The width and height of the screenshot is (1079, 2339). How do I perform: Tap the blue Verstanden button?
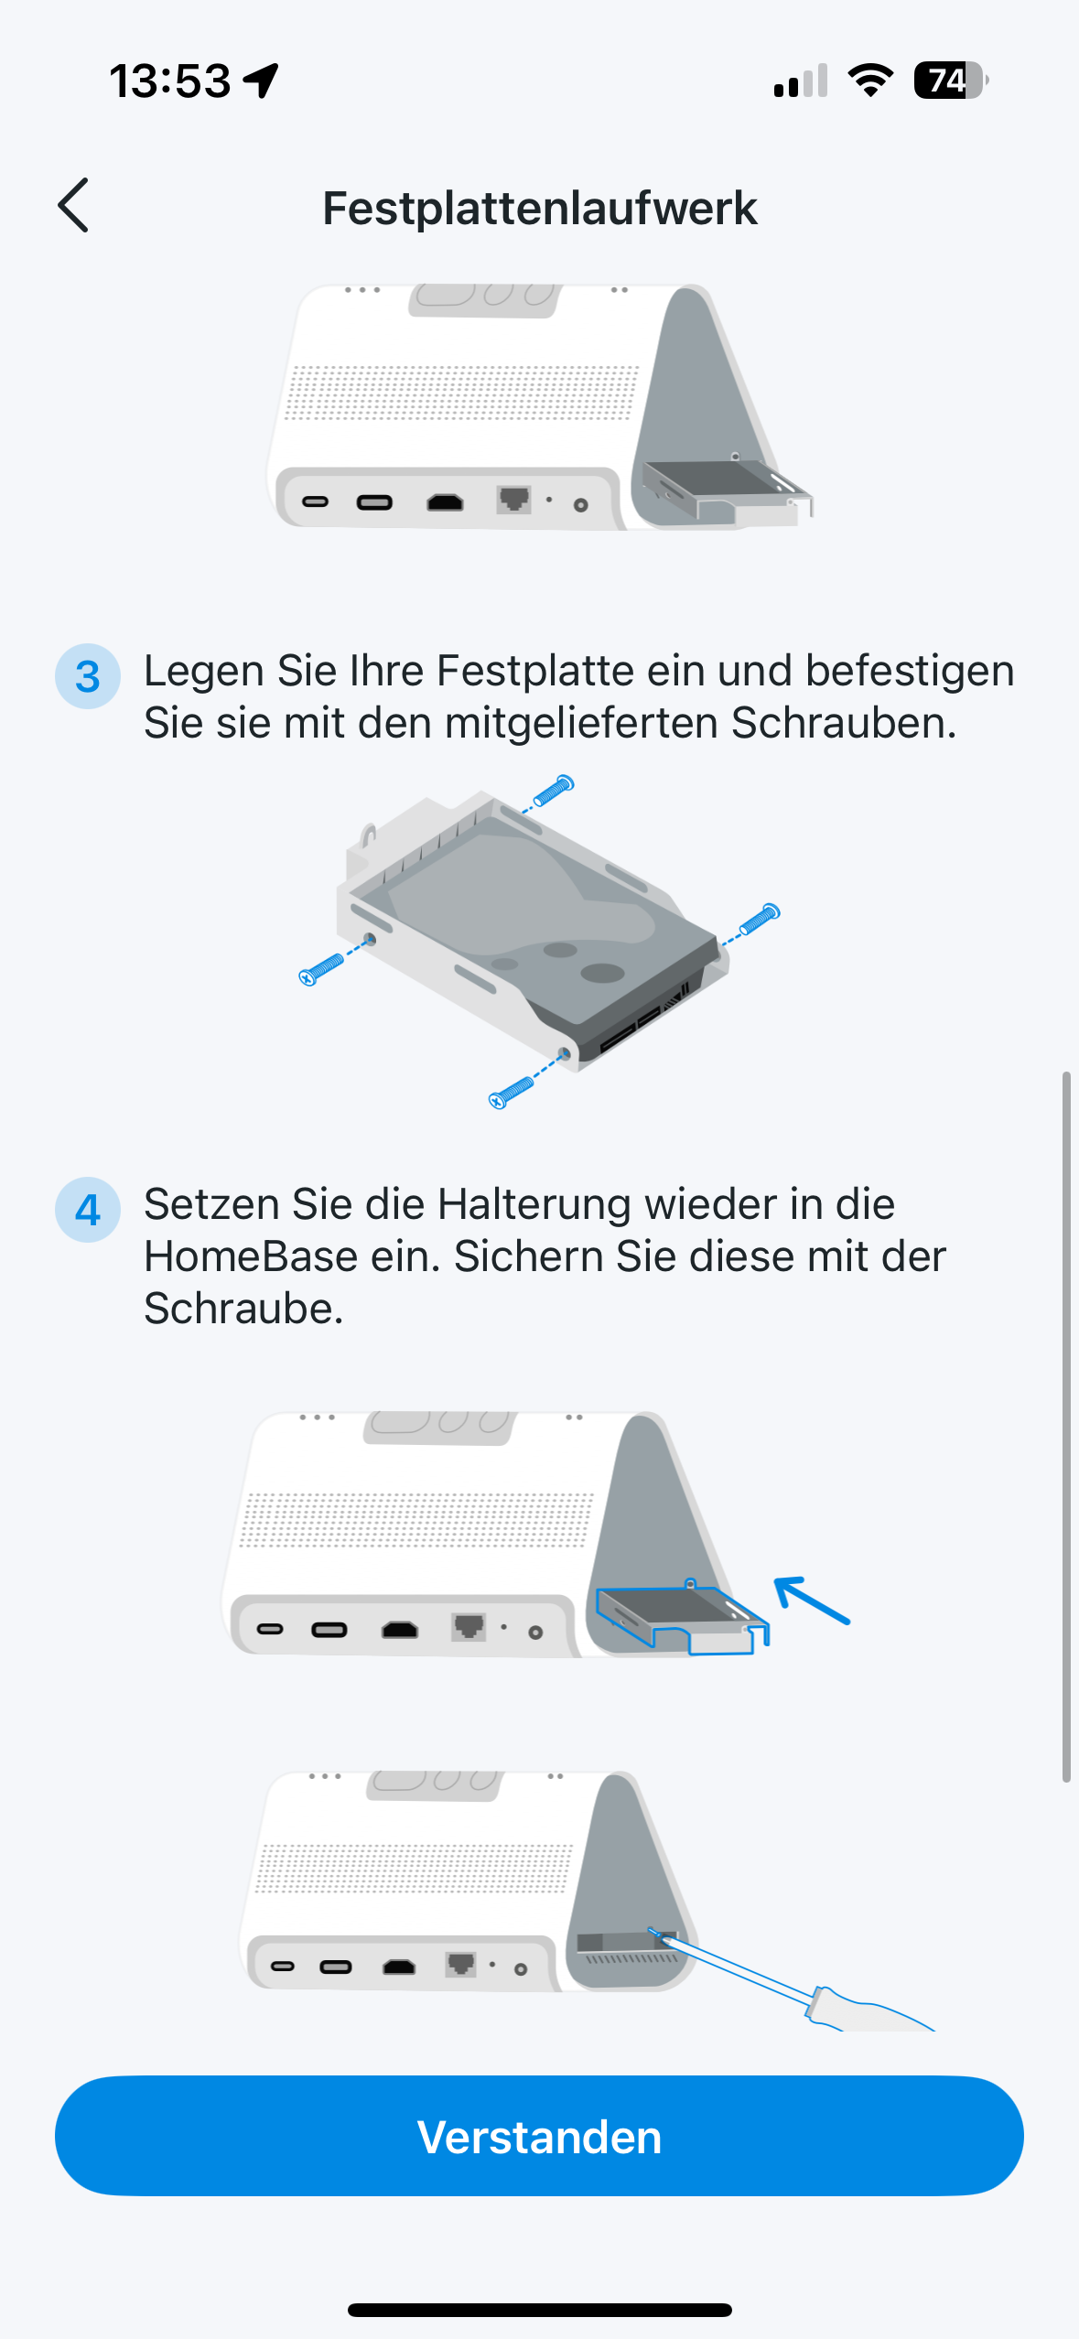click(x=539, y=2136)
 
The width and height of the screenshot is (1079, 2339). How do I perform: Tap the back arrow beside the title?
click(x=73, y=205)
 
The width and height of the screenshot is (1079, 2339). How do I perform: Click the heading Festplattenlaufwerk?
click(x=539, y=209)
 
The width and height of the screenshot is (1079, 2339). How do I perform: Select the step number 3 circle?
click(x=88, y=676)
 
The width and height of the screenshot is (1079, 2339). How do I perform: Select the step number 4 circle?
click(x=88, y=1210)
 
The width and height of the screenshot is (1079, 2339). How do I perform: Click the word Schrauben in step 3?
click(x=844, y=723)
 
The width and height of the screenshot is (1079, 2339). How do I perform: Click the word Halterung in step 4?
click(x=534, y=1204)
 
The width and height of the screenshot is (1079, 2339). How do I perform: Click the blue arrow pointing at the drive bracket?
click(x=812, y=1600)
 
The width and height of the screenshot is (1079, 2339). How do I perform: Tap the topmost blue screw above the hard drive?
click(x=554, y=791)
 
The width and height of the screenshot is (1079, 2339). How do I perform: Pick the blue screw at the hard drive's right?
click(x=760, y=919)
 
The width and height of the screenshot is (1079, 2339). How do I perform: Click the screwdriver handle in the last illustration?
click(x=869, y=2010)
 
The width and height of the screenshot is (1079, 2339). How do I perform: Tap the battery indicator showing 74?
click(x=951, y=81)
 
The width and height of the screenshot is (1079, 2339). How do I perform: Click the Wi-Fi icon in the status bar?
click(x=870, y=81)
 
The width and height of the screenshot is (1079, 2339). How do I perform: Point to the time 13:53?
click(x=170, y=81)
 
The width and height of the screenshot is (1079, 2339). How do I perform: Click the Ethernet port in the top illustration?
click(x=513, y=500)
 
